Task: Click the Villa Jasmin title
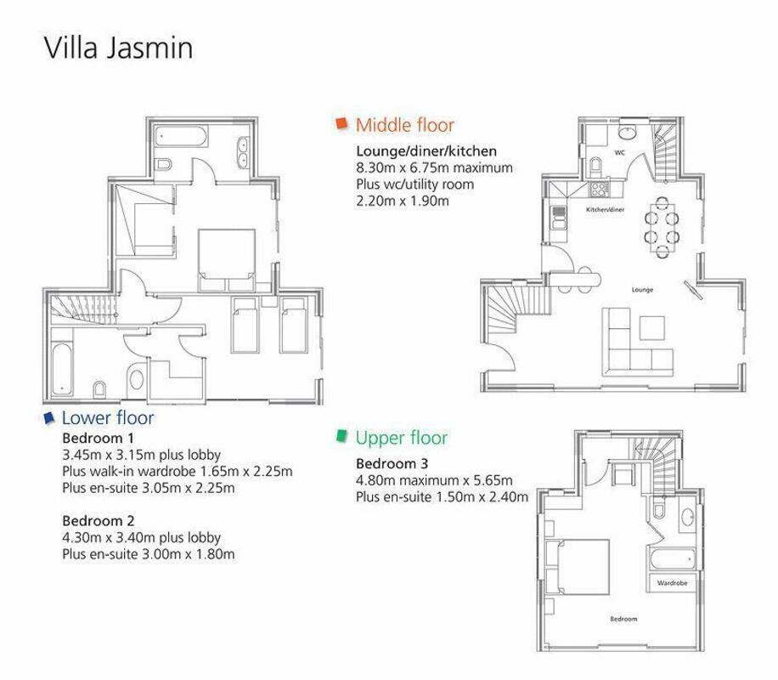point(118,48)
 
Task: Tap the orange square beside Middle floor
point(341,123)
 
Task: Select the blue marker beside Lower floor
point(49,417)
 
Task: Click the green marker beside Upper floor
point(341,435)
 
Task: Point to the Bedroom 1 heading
point(99,438)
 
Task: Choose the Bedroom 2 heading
point(99,520)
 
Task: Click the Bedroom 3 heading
point(392,463)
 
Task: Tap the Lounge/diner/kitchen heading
point(426,151)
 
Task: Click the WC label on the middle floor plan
point(620,152)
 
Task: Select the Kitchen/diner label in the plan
point(606,210)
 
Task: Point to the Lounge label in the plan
point(643,290)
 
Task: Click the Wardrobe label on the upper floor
point(673,582)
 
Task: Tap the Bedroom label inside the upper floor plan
point(623,619)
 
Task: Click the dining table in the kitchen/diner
point(662,227)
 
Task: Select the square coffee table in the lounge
point(652,328)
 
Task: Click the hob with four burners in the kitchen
point(599,189)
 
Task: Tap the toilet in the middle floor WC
point(595,167)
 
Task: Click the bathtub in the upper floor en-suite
point(672,559)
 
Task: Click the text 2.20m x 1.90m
point(403,201)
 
